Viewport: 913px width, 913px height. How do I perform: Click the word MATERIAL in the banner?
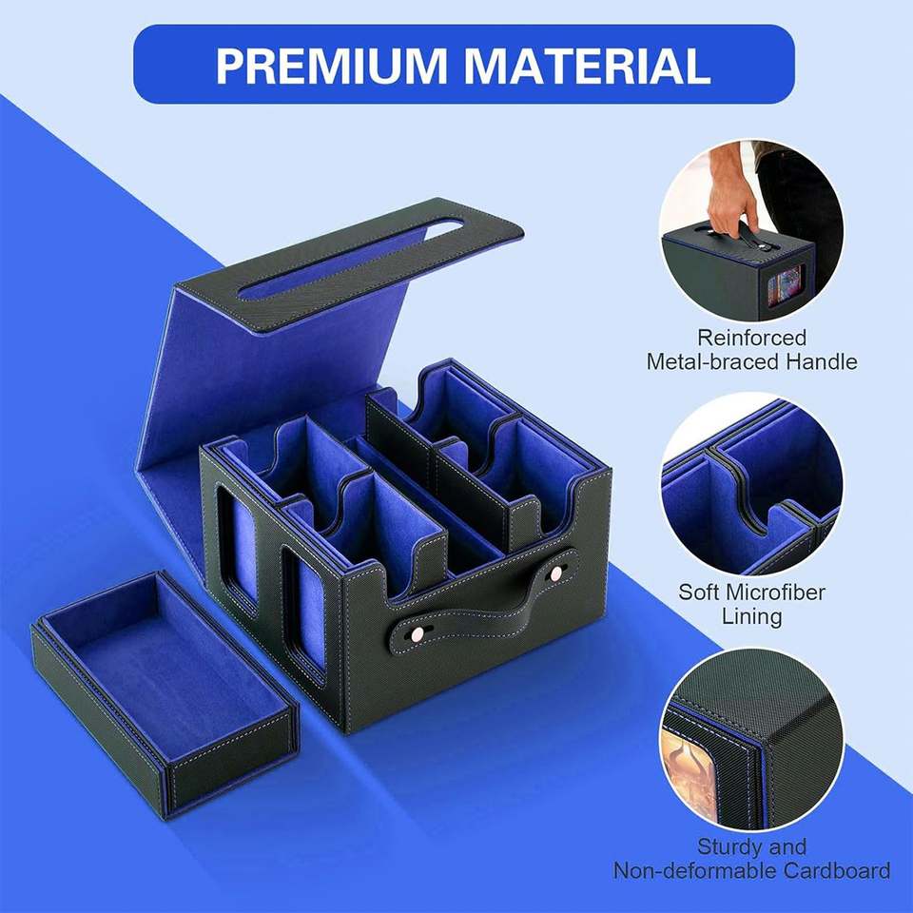pyautogui.click(x=587, y=66)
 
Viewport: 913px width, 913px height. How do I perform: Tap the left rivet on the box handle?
pyautogui.click(x=417, y=633)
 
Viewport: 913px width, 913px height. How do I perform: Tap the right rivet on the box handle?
pyautogui.click(x=556, y=573)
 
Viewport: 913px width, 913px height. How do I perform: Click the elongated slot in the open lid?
pyautogui.click(x=351, y=259)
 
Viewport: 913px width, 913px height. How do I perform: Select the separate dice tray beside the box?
pyautogui.click(x=165, y=694)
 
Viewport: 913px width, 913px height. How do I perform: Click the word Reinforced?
pyautogui.click(x=751, y=338)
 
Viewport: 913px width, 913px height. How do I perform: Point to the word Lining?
pyautogui.click(x=751, y=616)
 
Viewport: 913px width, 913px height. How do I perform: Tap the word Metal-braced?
pyautogui.click(x=712, y=361)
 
